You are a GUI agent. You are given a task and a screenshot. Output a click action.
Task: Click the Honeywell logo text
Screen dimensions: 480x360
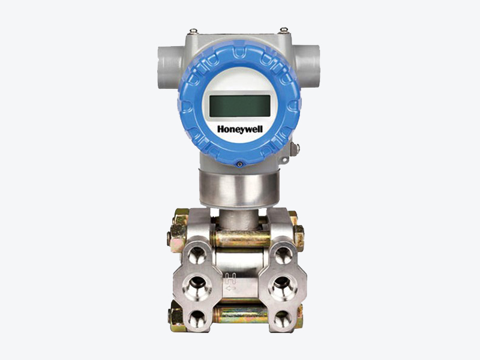tap(240, 129)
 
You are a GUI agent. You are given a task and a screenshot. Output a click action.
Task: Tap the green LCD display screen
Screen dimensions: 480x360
tap(239, 106)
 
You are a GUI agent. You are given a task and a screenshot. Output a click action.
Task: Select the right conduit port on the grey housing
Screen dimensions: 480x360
tap(307, 67)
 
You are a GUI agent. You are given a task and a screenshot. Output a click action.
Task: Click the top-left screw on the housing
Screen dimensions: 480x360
tap(193, 31)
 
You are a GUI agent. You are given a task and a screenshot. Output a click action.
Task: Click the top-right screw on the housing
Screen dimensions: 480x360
tap(284, 30)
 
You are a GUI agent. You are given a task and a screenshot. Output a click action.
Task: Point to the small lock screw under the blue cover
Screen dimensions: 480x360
tap(240, 164)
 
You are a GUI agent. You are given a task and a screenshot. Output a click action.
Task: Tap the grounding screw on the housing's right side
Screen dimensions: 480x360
tap(295, 149)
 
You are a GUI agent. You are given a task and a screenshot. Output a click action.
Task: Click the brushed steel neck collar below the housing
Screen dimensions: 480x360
tap(239, 188)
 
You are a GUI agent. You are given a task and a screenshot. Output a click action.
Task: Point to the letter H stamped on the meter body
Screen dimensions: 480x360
tap(230, 278)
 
